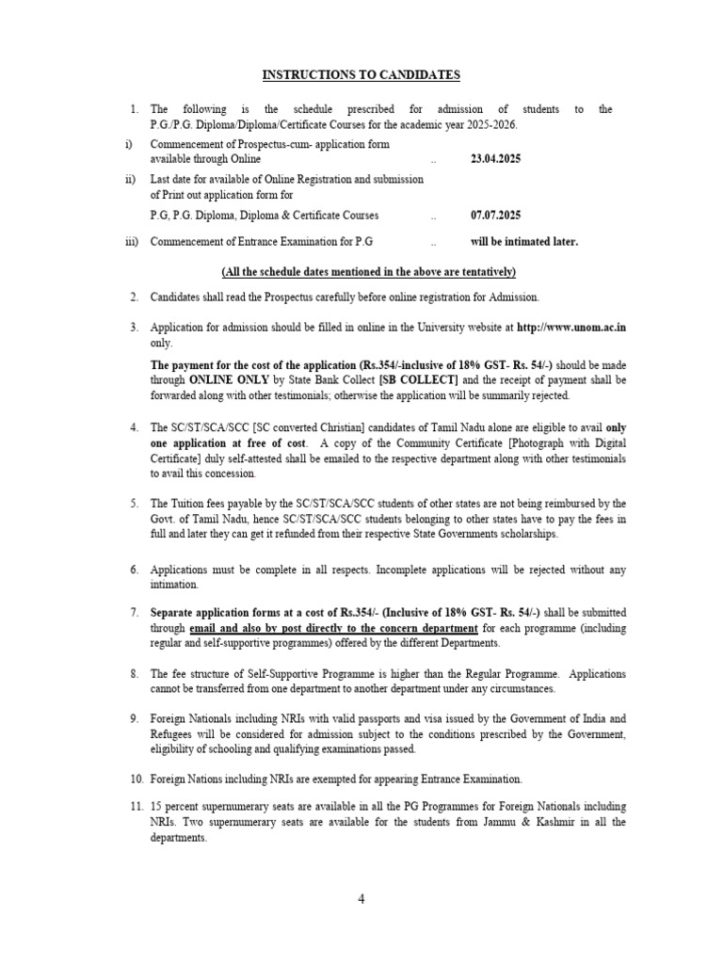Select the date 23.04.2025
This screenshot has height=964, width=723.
pyautogui.click(x=495, y=159)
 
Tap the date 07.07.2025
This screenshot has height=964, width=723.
pyautogui.click(x=495, y=216)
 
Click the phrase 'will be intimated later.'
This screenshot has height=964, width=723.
pyautogui.click(x=524, y=241)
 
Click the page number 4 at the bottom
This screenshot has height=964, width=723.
pyautogui.click(x=361, y=899)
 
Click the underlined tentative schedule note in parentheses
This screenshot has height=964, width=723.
pyautogui.click(x=369, y=272)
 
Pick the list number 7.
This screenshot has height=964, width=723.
pyautogui.click(x=134, y=613)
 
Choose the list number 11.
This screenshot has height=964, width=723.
pyautogui.click(x=137, y=807)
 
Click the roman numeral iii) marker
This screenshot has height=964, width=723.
pyautogui.click(x=132, y=241)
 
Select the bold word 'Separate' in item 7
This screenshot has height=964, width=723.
pyautogui.click(x=174, y=613)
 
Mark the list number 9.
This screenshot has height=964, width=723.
pyautogui.click(x=134, y=718)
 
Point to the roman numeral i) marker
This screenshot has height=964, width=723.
pyautogui.click(x=129, y=144)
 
